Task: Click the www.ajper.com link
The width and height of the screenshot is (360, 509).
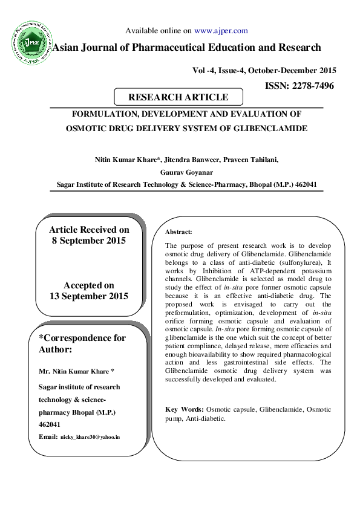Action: pos(221,30)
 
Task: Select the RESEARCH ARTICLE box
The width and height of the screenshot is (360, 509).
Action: pos(178,97)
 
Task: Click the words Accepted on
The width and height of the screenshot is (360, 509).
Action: pos(88,285)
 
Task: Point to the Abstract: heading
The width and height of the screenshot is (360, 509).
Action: pos(178,232)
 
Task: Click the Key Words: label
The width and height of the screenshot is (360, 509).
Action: pos(184,409)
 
